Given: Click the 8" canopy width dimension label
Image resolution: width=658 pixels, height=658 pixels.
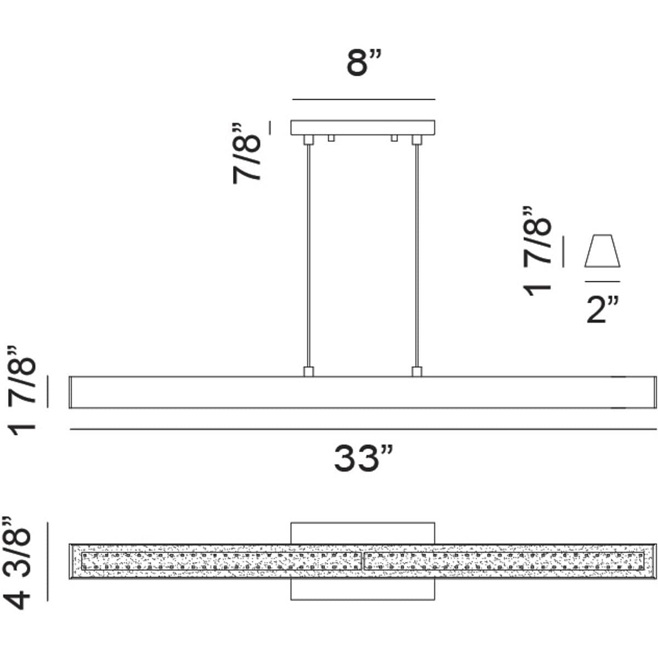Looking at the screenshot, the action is click(x=364, y=63).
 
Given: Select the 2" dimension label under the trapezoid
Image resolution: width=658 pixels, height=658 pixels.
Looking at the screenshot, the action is click(x=603, y=310).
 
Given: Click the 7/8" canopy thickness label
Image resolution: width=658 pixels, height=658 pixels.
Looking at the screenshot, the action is click(x=247, y=154).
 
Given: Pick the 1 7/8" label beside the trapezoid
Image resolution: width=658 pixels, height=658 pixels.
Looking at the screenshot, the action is click(x=537, y=251).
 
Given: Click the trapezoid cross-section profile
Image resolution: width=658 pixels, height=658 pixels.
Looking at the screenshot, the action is click(x=602, y=251).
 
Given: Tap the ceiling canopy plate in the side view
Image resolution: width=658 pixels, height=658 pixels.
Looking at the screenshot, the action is click(x=362, y=127).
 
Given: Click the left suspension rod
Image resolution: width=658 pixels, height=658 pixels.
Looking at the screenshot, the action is click(x=308, y=256).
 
